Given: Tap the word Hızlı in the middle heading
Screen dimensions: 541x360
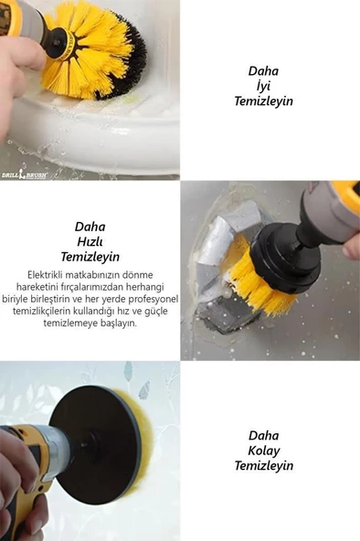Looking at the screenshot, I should click(x=90, y=241).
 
